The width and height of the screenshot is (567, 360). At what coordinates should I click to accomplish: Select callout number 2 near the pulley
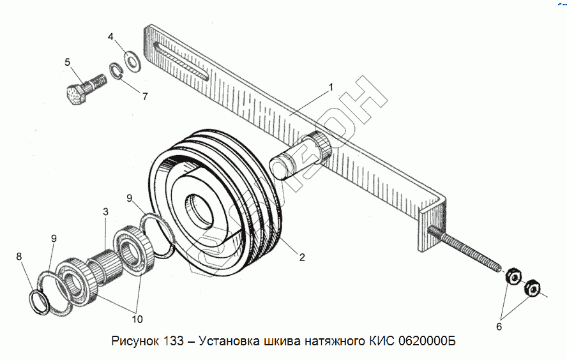(302, 258)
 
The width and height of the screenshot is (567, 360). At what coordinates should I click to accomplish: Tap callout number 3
(106, 212)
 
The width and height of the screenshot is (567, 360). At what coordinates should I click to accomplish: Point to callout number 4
(110, 38)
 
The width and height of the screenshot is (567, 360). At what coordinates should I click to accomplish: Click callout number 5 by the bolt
(67, 62)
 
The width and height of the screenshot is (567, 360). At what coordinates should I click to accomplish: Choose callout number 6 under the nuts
(499, 327)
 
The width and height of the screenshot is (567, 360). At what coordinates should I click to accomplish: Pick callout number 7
(145, 97)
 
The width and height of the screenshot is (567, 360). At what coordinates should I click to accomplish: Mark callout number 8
(19, 257)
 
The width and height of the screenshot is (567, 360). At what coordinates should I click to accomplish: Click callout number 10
(137, 318)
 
